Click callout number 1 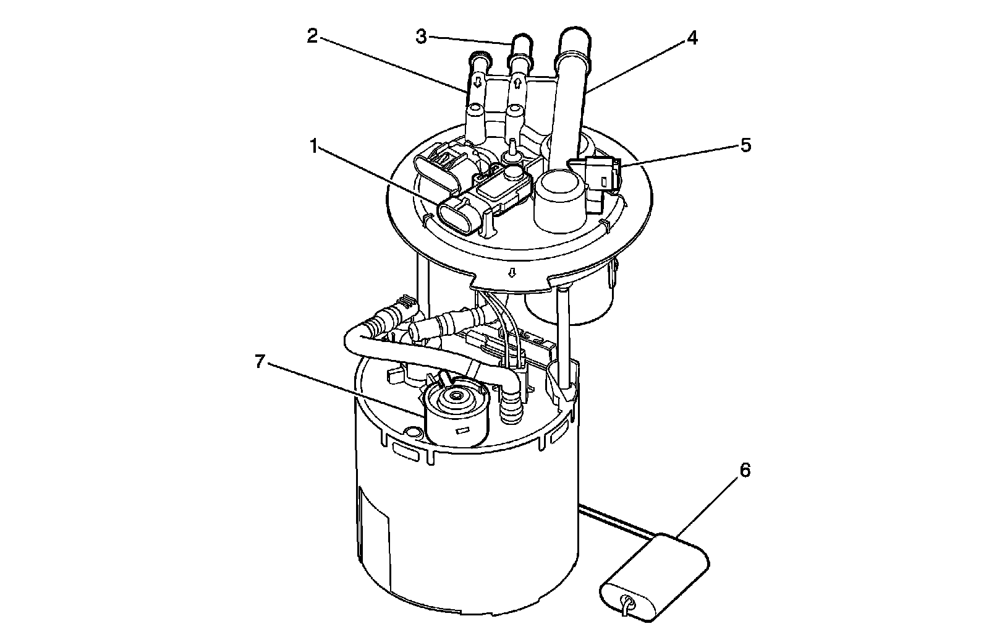tap(314, 146)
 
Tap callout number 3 tap(422, 37)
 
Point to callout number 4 tap(692, 38)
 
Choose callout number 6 tap(745, 471)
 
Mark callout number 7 tap(260, 362)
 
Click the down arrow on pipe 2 tap(477, 81)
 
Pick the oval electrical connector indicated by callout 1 tap(458, 216)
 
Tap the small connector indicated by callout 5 tap(597, 173)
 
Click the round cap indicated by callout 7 tap(456, 411)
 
